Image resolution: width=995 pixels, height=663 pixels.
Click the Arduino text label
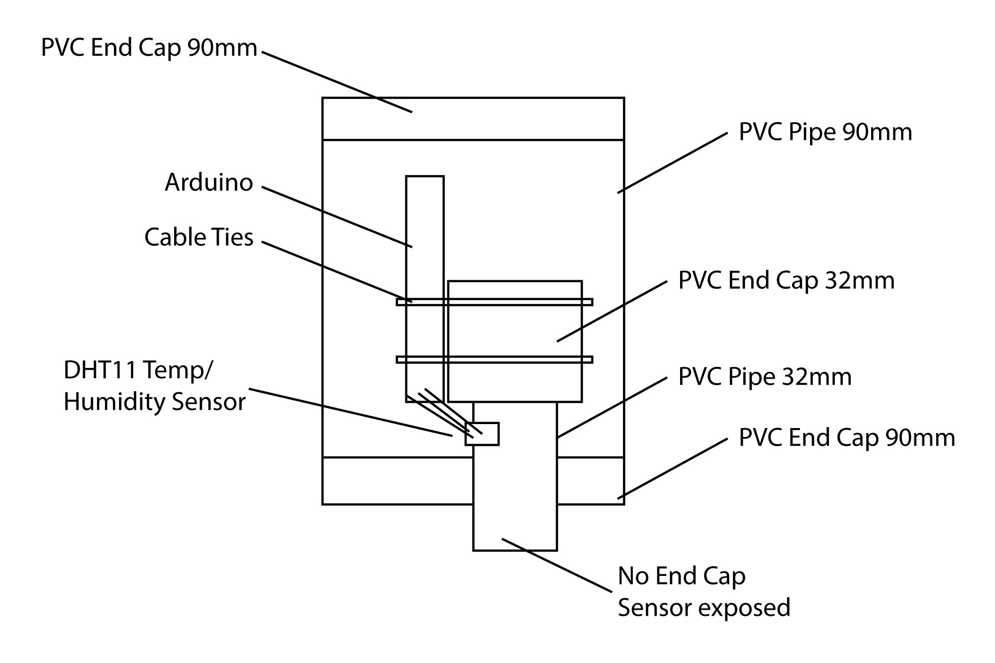tap(209, 183)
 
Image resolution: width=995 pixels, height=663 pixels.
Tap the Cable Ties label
tap(199, 237)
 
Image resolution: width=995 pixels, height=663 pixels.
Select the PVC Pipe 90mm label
tap(825, 132)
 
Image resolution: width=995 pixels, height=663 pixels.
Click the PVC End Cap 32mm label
tap(786, 281)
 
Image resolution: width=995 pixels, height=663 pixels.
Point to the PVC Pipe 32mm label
tap(765, 377)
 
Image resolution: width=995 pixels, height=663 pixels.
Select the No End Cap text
tap(682, 576)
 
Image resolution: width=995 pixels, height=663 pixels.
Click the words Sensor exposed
tap(703, 608)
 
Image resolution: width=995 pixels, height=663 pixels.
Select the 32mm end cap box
tap(515, 329)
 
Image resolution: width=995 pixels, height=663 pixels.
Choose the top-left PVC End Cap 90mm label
tap(149, 48)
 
